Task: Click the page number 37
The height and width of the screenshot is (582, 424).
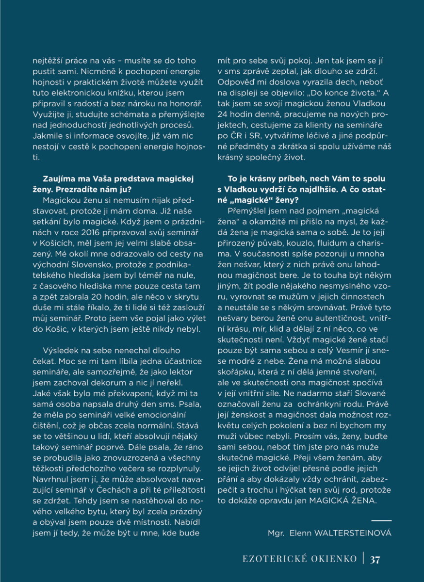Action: pos(375,559)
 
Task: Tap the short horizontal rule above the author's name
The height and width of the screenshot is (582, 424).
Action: pos(381,520)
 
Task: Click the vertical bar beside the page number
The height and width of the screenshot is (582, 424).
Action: pos(363,558)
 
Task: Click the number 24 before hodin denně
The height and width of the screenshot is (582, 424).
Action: pos(223,116)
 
